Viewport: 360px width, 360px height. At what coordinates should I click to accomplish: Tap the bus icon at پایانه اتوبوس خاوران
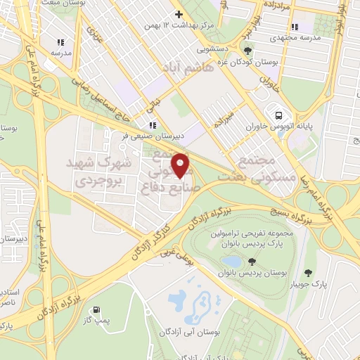coord(279,115)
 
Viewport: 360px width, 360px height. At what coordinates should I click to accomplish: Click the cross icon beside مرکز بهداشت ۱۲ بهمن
coord(179,13)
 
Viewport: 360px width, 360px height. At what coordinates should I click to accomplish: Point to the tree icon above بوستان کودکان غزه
coord(247,50)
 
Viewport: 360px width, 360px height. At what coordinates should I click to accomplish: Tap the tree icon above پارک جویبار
coord(308,272)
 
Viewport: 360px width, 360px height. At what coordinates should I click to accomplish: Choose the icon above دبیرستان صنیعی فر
coord(153,126)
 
